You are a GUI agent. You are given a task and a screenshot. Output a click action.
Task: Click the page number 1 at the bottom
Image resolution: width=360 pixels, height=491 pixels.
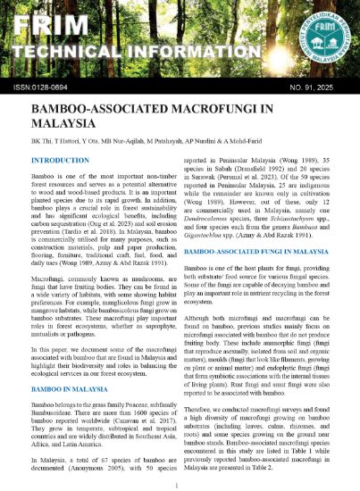[180, 484]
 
